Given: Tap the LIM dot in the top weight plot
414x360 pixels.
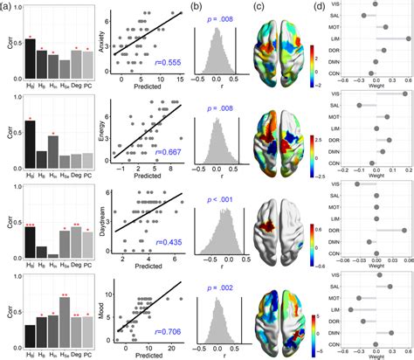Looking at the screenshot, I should [x=407, y=39].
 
